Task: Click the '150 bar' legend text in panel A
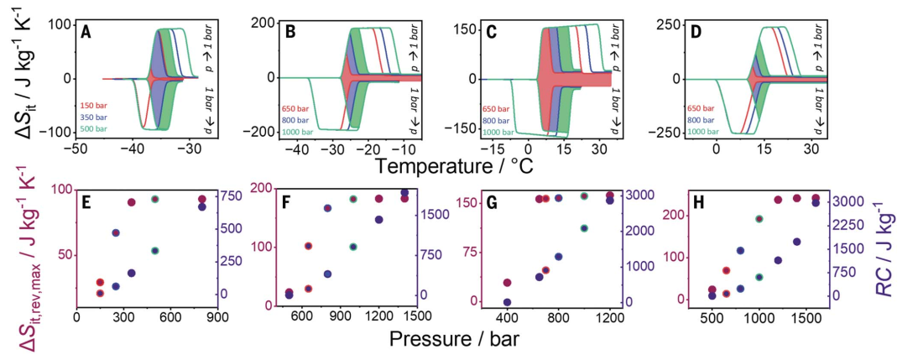[x=91, y=105]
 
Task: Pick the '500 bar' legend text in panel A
[x=91, y=128]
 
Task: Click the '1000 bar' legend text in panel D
[x=703, y=132]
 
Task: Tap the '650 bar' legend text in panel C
[x=495, y=108]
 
